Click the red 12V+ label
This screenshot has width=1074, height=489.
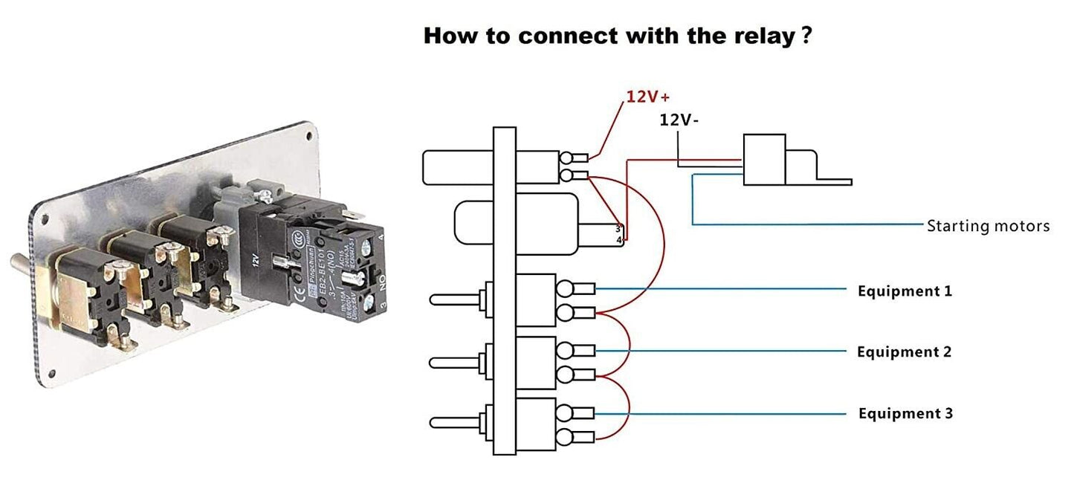click(x=648, y=97)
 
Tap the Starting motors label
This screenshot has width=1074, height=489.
click(x=988, y=226)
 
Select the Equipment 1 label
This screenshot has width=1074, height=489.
click(x=905, y=291)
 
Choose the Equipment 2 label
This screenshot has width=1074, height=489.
click(x=904, y=352)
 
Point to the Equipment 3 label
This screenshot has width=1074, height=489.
click(x=905, y=413)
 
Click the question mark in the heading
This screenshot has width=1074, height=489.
click(x=806, y=35)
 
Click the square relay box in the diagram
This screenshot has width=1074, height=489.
click(x=764, y=159)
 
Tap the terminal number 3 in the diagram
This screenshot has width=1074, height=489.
click(x=618, y=229)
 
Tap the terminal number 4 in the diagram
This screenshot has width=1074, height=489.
click(x=619, y=239)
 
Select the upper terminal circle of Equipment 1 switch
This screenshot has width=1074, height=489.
click(x=566, y=288)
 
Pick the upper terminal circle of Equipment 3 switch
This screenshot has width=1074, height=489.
click(x=566, y=412)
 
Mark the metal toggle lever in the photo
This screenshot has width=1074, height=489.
click(x=22, y=264)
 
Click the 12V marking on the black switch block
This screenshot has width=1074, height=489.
click(x=254, y=259)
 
